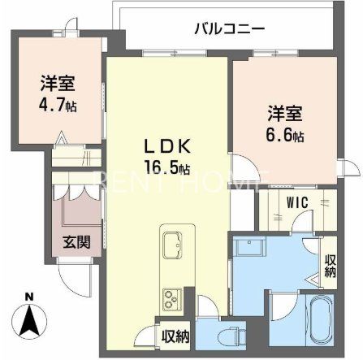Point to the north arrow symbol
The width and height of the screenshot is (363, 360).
pos(29,319)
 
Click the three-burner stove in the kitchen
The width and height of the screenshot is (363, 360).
pos(172,296)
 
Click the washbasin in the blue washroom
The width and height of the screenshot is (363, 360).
pos(246,247)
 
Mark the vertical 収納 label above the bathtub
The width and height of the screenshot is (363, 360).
pos(331,266)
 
